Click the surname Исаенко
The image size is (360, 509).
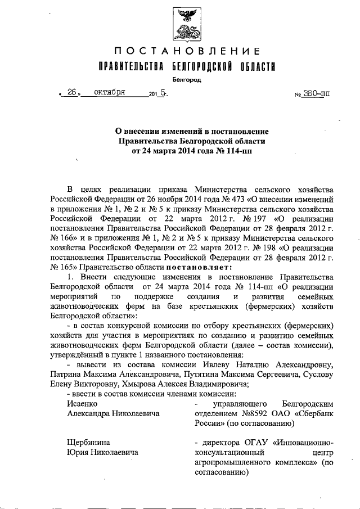[x=82, y=403]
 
